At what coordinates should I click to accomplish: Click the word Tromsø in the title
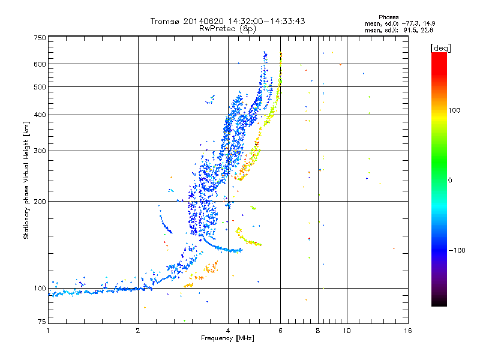166,21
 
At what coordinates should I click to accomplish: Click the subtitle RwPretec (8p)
227,29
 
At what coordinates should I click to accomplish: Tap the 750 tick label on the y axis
40,38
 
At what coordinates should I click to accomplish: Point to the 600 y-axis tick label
40,64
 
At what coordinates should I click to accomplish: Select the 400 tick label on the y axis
40,115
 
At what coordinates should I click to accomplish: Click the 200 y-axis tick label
40,202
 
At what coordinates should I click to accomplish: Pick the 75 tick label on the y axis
42,322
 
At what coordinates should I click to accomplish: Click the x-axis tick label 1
48,331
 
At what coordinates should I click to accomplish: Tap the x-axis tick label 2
138,331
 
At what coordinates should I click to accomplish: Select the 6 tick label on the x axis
280,331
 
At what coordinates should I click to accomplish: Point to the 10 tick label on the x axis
347,331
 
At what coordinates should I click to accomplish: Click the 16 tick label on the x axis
408,331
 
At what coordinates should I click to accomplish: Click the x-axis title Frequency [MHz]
227,338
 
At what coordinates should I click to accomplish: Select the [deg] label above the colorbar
440,48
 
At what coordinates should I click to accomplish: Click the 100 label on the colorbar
454,110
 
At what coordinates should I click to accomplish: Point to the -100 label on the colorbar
457,250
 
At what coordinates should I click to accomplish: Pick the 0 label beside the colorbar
450,181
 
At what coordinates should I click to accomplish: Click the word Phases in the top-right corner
389,17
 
